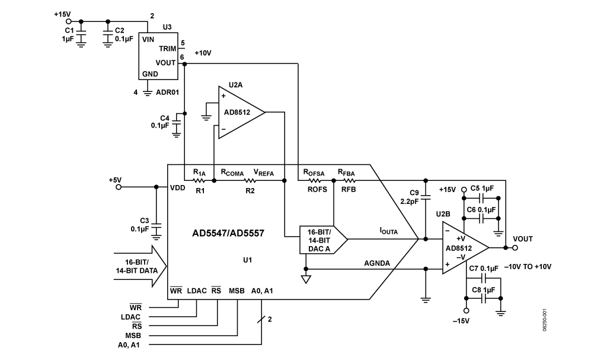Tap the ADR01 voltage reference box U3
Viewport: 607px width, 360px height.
click(x=158, y=56)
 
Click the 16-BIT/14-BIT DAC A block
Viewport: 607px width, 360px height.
click(x=323, y=240)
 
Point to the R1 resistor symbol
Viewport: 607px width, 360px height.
click(x=199, y=180)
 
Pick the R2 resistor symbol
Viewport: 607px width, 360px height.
click(x=250, y=180)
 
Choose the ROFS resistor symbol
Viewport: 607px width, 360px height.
click(x=314, y=180)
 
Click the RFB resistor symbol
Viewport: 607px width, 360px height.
click(x=349, y=180)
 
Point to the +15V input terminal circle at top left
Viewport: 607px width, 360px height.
click(x=69, y=21)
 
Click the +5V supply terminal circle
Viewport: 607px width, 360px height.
click(x=119, y=187)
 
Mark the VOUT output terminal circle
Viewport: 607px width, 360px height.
click(x=515, y=248)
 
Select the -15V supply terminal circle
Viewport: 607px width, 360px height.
click(x=467, y=310)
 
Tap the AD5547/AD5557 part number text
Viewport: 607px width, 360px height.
click(x=228, y=233)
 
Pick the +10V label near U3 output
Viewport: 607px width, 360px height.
click(x=203, y=53)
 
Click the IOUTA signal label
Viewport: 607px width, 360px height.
click(x=388, y=231)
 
